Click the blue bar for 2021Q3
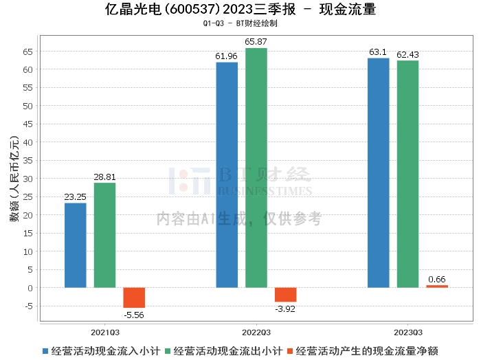click(x=76, y=245)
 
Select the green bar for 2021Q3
click(x=105, y=235)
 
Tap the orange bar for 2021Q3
click(x=134, y=297)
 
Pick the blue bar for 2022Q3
click(x=227, y=175)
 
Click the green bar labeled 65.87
click(x=256, y=168)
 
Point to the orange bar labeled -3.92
click(x=286, y=295)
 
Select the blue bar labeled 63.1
click(x=379, y=173)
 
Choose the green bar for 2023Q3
click(x=407, y=175)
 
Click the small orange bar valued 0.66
click(x=437, y=286)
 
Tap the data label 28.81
click(x=104, y=177)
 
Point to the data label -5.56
click(x=134, y=315)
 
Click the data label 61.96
click(x=226, y=56)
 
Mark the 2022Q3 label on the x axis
click(x=256, y=333)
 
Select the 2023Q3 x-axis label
click(x=408, y=333)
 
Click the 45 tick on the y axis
click(x=27, y=124)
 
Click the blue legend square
click(x=45, y=351)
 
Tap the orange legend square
click(x=289, y=351)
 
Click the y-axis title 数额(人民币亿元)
click(x=14, y=179)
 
